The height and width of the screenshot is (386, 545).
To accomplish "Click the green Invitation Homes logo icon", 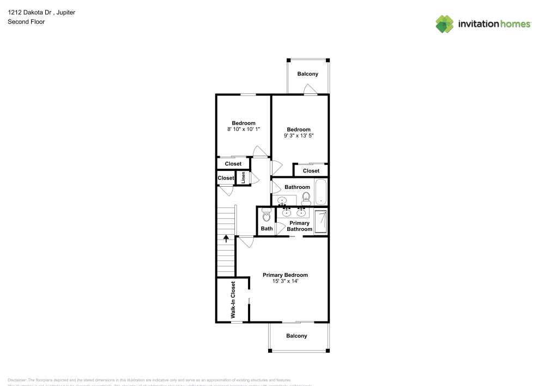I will point(445,23).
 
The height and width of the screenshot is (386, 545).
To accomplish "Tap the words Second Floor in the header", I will point(26,22).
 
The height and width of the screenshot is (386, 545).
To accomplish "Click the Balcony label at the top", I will point(307,74).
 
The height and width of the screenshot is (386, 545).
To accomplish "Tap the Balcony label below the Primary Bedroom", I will point(296,336).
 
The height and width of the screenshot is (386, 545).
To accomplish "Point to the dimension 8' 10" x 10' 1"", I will point(244,129).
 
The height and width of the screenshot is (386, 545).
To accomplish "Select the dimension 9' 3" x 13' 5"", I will point(299,135).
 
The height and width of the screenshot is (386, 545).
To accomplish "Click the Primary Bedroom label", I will point(285,275).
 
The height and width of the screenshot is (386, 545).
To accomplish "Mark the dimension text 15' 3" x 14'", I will point(285,281).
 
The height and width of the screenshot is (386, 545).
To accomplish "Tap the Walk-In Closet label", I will point(233,300).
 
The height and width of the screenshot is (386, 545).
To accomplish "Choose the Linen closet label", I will point(243,178).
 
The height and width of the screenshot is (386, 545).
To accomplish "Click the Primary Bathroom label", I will point(300,226).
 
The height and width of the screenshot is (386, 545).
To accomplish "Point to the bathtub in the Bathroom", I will point(320,192).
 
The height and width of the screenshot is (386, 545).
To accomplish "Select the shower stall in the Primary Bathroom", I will point(322,221).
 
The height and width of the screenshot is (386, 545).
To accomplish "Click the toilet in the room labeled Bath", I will point(267,215).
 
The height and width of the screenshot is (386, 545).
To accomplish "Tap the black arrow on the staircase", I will point(226,238).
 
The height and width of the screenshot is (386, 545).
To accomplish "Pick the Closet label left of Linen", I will point(226,178).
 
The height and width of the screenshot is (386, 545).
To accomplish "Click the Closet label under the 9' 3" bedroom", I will point(311,171).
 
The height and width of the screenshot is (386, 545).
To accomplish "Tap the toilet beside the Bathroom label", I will point(306,198).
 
